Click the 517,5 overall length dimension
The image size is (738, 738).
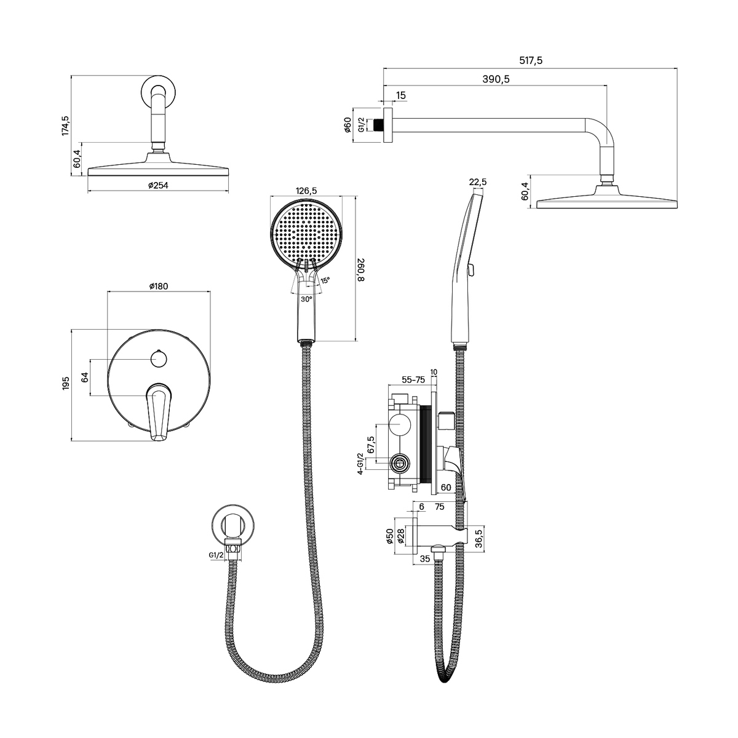530,60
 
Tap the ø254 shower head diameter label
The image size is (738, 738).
158,185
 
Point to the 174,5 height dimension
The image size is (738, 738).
65,125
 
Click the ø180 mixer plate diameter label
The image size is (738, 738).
158,286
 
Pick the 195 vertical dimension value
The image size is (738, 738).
65,383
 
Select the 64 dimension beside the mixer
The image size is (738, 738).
85,377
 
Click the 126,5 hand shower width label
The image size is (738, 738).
306,190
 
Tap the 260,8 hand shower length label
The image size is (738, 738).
361,270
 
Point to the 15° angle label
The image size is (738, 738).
325,280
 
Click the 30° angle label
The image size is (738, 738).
306,299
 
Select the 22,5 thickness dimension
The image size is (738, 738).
478,182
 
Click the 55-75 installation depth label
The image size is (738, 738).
413,380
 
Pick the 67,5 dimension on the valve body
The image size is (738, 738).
371,445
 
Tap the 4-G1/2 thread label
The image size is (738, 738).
360,464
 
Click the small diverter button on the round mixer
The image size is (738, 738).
158,359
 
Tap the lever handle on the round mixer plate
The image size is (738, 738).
158,412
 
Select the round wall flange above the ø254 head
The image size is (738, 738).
158,92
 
